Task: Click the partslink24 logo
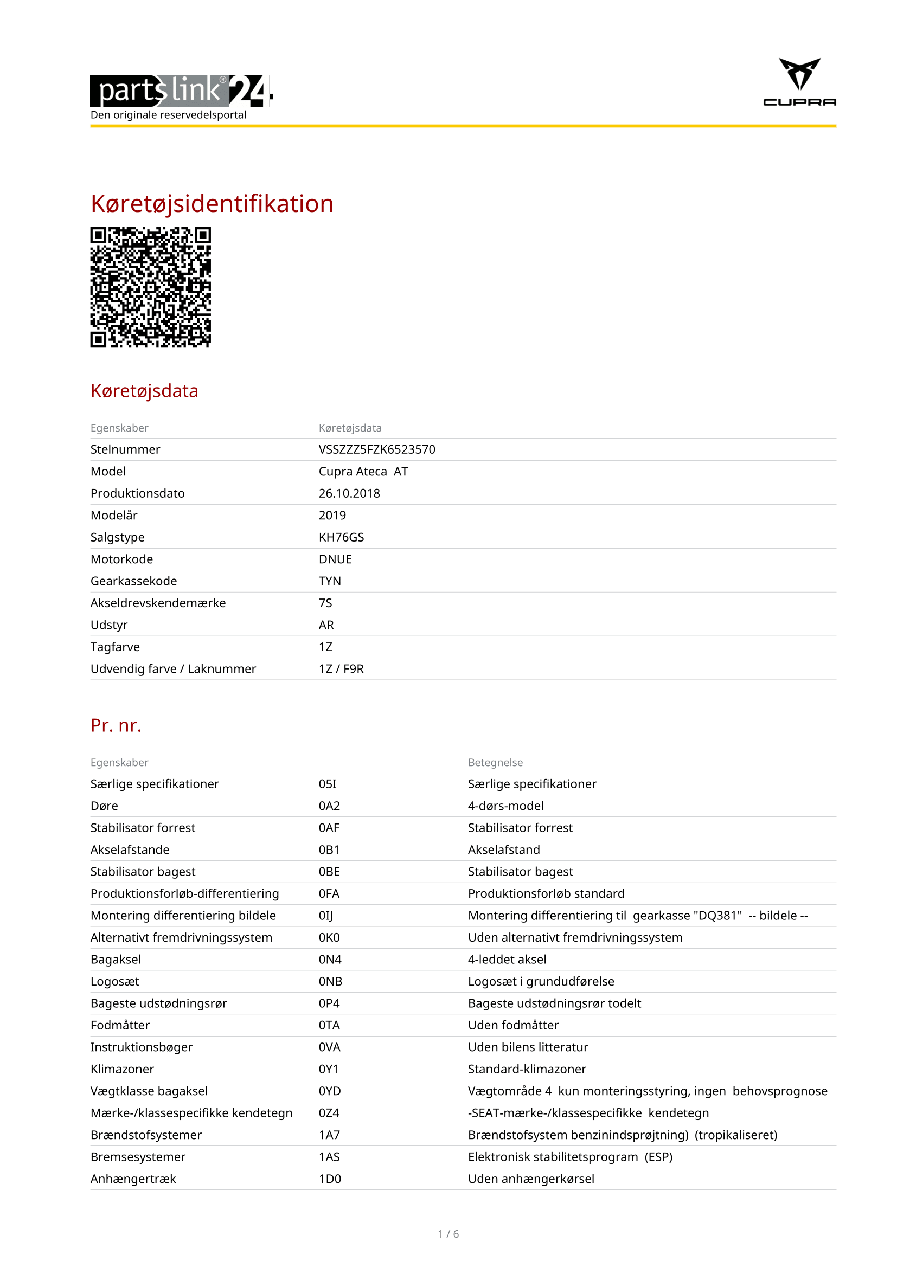click(181, 91)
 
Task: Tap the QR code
click(150, 287)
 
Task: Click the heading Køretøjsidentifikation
click(212, 204)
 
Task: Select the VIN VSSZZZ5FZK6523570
click(377, 449)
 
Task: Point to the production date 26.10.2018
click(349, 493)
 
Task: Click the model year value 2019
click(332, 515)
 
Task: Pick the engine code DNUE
click(335, 559)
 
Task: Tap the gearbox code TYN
click(330, 581)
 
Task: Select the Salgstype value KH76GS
click(341, 537)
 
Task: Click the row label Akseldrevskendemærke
click(158, 603)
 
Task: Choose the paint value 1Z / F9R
click(341, 669)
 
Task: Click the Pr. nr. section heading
click(116, 725)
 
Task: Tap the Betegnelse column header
click(495, 762)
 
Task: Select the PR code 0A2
click(329, 806)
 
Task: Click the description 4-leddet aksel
click(507, 960)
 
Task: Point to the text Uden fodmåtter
click(512, 1025)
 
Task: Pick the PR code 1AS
click(329, 1157)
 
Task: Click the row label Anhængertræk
click(133, 1179)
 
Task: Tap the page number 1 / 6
click(448, 1234)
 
